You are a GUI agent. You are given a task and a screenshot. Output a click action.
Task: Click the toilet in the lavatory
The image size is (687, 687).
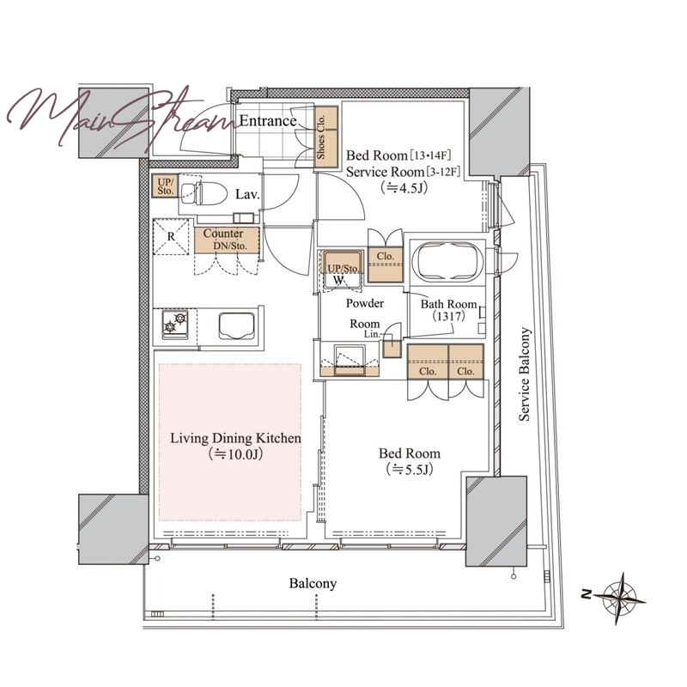(x=204, y=192)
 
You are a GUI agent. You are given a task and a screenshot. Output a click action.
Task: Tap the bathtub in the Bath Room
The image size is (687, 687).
(x=447, y=262)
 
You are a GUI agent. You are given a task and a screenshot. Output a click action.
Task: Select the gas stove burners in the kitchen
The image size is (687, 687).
(x=175, y=325)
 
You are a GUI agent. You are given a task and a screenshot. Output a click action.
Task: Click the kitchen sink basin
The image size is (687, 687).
(x=237, y=325)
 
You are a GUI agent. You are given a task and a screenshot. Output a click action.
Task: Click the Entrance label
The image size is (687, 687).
(x=268, y=121)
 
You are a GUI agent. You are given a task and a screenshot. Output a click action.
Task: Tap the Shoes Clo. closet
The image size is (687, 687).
(x=326, y=137)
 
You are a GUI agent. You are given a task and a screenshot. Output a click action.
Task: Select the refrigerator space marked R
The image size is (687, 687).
(x=171, y=237)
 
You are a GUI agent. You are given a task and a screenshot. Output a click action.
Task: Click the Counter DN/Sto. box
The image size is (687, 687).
(x=227, y=240)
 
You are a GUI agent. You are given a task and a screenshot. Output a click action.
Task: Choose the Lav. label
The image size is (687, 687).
(x=247, y=195)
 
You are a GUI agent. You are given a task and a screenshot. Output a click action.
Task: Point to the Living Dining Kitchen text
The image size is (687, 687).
(x=235, y=438)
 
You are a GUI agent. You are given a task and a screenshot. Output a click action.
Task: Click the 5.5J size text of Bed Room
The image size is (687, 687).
(x=410, y=470)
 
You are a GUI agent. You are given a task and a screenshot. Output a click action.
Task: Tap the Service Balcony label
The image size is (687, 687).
(x=525, y=374)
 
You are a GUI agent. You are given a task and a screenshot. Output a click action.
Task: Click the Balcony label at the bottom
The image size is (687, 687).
(x=313, y=584)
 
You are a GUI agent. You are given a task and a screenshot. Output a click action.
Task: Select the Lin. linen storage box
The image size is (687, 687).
(x=392, y=349)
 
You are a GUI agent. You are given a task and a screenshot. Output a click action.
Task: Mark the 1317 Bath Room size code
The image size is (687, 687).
(x=448, y=316)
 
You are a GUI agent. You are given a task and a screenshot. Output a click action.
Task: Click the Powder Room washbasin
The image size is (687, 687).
(x=350, y=359)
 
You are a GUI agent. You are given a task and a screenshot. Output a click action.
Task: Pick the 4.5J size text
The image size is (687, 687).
(x=404, y=188)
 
